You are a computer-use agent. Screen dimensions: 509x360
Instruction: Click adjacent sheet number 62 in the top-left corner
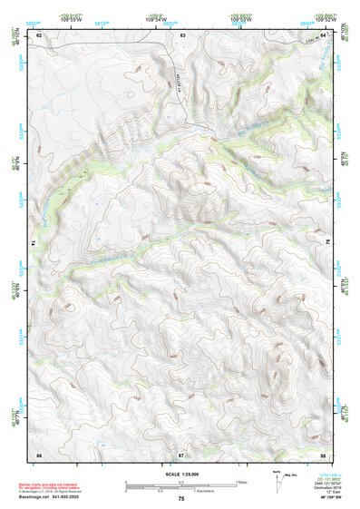pos(39,34)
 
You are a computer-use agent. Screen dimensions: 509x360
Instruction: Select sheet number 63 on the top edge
pos(182,34)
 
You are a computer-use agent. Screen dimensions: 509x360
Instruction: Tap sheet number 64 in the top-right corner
pos(323,34)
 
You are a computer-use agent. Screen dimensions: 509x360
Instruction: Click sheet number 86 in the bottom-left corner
pos(39,453)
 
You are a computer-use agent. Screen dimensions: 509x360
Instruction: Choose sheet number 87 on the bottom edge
pos(181,453)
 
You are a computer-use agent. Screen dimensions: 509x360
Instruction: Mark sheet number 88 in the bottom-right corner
pos(323,453)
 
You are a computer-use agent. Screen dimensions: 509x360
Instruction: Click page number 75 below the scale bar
pos(181,499)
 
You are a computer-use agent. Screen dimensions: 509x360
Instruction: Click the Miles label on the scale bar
pos(242,481)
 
